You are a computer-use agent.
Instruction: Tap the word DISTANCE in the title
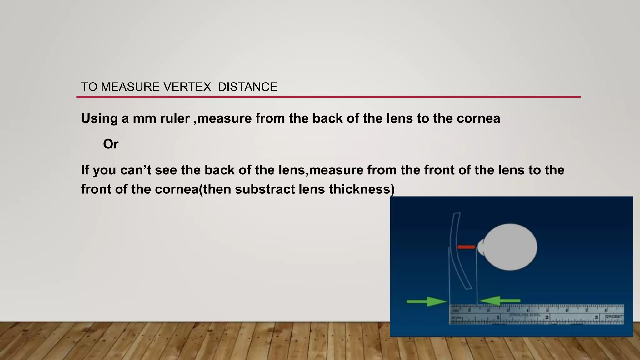pos(247,87)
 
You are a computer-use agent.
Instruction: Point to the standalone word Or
pos(111,144)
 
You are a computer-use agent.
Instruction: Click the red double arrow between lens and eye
pos(466,247)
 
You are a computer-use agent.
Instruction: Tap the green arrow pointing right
pos(427,301)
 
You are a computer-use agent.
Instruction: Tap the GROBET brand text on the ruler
pos(614,317)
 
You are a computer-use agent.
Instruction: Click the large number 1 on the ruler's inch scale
pos(498,317)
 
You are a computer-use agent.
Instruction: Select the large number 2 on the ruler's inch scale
pos(547,317)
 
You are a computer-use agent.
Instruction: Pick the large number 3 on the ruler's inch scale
pos(596,317)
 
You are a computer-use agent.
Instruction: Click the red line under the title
pos(328,97)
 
